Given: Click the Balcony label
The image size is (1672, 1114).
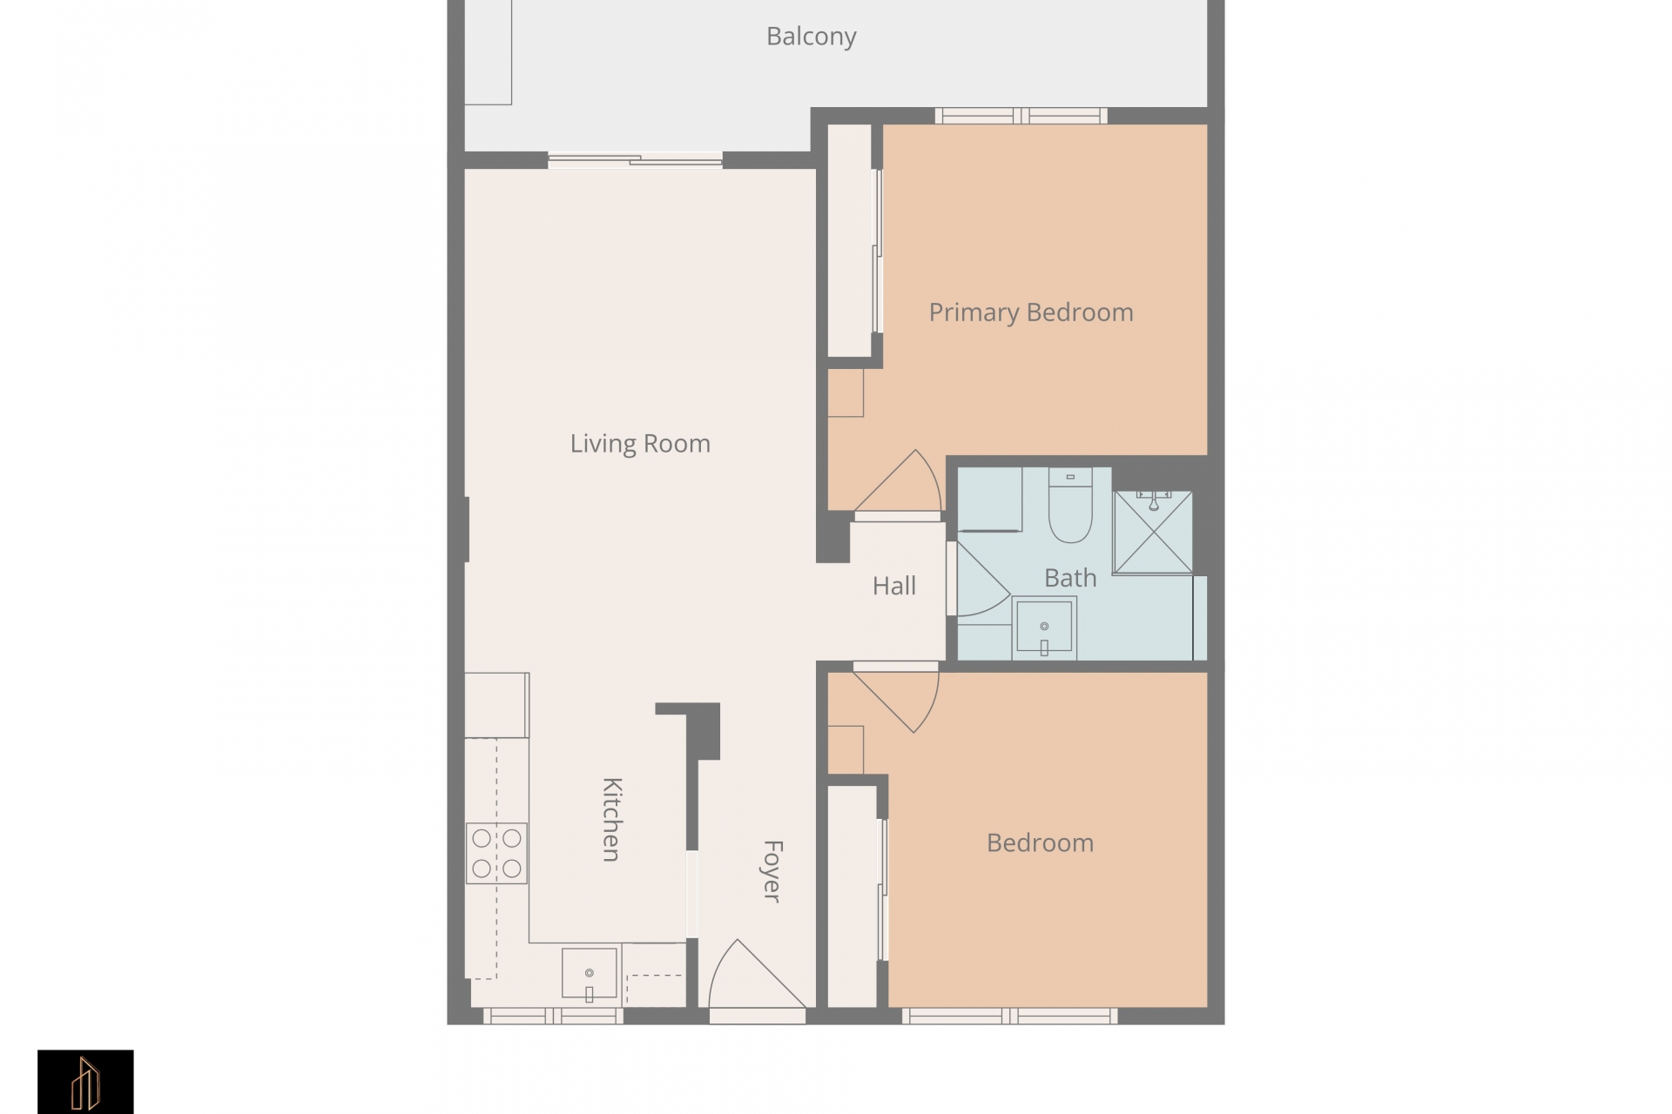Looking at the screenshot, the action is click(x=811, y=37).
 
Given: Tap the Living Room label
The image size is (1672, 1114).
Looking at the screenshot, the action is click(x=640, y=444).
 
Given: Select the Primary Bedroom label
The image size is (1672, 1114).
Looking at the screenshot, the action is click(x=1031, y=312).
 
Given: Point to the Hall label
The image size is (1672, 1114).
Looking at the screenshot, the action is click(x=894, y=586).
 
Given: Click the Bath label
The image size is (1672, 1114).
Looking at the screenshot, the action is click(x=1070, y=578).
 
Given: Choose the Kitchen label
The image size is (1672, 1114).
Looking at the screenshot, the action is click(x=612, y=819).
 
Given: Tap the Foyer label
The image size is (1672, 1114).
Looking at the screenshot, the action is click(x=772, y=871).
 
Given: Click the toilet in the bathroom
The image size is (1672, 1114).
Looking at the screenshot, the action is click(x=1070, y=506).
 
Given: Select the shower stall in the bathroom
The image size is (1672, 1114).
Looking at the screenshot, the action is click(x=1153, y=532).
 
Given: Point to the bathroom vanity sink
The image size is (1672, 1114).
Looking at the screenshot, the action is click(x=1044, y=627).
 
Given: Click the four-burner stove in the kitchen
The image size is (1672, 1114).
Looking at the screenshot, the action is click(x=496, y=853).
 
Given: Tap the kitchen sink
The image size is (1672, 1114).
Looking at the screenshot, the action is click(x=590, y=974).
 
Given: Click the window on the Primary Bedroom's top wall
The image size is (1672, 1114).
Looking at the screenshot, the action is click(x=1021, y=116).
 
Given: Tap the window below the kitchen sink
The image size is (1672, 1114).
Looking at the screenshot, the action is click(x=553, y=1016).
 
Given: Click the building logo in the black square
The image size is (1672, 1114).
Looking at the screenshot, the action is click(x=85, y=1082).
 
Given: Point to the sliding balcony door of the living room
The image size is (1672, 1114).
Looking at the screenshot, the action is click(x=635, y=160).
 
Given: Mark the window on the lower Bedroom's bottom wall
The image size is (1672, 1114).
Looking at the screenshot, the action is click(x=1009, y=1016).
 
